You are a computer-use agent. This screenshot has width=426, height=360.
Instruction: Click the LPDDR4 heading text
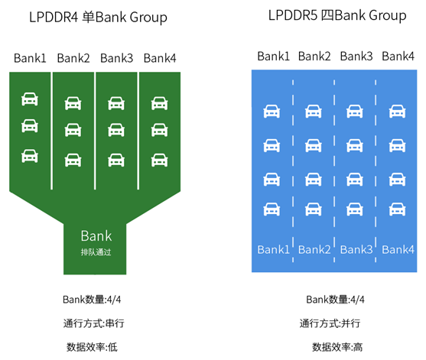[x=98, y=18]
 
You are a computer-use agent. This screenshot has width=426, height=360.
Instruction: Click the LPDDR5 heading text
[x=337, y=15]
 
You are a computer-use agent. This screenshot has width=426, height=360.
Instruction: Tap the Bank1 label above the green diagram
[x=30, y=58]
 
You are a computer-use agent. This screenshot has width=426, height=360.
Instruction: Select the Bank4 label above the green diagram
[x=160, y=58]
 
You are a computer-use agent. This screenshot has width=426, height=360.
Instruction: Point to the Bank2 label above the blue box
[x=314, y=57]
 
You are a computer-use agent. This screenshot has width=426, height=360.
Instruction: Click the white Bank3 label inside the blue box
[x=356, y=249]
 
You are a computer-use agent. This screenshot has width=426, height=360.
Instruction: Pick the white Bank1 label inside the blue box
[x=273, y=249]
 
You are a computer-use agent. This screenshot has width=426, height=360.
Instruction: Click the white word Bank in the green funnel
[x=96, y=235]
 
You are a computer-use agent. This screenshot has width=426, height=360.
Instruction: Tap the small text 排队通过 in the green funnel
[x=96, y=252]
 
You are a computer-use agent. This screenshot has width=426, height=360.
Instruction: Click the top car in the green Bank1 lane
[x=30, y=99]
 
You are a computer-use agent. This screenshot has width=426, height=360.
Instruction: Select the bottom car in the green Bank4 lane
[x=160, y=160]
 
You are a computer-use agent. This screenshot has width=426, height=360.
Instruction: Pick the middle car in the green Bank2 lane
[x=73, y=130]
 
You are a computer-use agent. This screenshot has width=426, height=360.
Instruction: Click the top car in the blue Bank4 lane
[x=397, y=112]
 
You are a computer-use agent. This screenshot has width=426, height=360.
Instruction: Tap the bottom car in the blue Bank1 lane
[x=272, y=209]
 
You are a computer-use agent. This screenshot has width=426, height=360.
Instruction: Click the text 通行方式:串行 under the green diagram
[x=94, y=323]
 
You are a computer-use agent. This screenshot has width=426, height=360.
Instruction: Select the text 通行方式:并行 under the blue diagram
[x=330, y=323]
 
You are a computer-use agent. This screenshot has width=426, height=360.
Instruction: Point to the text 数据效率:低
[x=92, y=347]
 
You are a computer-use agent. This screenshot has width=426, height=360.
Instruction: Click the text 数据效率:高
[x=337, y=347]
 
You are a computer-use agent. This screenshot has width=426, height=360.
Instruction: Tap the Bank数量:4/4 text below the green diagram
[x=92, y=300]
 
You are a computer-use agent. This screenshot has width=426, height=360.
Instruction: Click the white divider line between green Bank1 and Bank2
[x=51, y=131]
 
